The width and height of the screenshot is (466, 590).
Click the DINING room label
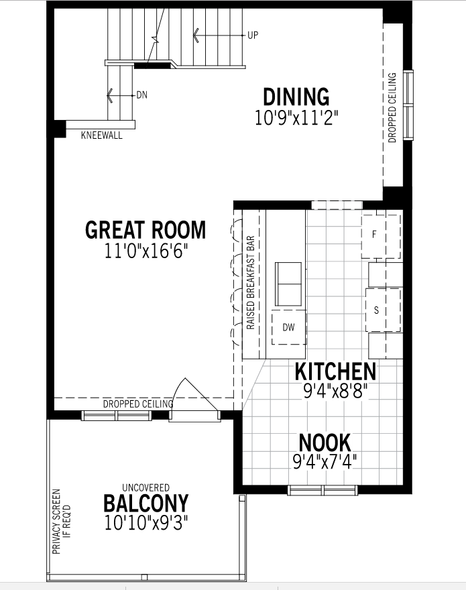point(296,97)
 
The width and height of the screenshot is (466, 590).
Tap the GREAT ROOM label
point(145,229)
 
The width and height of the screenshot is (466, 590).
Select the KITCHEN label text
point(335,371)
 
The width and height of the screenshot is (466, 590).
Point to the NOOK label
point(325,442)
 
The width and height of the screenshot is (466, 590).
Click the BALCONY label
point(145,503)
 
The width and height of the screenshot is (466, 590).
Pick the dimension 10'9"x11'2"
point(296,117)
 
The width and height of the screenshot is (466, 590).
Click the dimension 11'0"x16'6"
point(145,251)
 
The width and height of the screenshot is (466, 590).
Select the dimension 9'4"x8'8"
point(335,391)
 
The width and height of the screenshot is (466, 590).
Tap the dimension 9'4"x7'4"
point(325,462)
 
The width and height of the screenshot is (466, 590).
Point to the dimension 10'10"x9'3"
point(145,523)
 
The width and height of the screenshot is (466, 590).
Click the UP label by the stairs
point(253,35)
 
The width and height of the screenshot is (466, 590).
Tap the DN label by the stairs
point(142,95)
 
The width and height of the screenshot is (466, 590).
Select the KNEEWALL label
point(102,135)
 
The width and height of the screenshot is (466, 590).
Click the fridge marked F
point(381,237)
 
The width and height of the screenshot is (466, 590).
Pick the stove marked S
point(383,310)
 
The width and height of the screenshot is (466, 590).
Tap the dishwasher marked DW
point(289,327)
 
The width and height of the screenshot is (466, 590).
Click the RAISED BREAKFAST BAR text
point(251,283)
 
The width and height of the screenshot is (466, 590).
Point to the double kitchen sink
point(288,284)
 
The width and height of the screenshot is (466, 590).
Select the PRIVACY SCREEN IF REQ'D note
point(62,521)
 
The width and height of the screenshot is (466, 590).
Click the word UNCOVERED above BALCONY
point(145,487)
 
